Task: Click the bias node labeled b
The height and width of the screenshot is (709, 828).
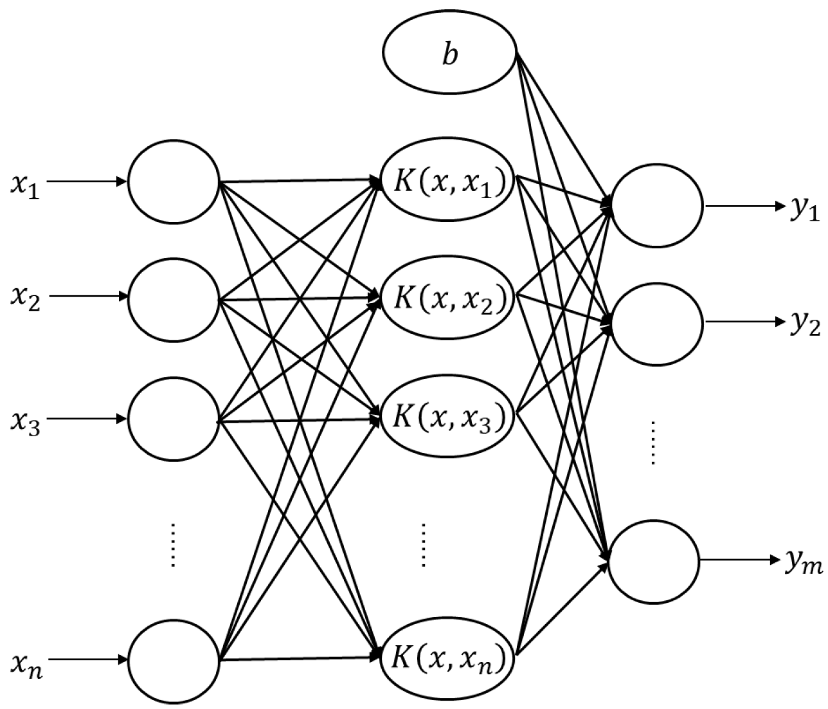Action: pos(449,55)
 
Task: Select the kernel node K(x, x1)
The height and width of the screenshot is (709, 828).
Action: pos(448,183)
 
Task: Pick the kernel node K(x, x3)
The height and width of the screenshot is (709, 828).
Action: pos(448,418)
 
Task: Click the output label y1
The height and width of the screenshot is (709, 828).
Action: pos(804,209)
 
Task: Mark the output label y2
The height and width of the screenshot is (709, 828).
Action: pos(804,324)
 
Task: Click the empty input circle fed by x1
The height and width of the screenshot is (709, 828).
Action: pos(174,182)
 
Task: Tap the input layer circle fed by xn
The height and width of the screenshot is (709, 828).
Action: pos(174,660)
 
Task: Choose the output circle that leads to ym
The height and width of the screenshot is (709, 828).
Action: pos(654,560)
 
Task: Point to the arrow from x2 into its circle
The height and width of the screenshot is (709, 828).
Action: pos(87,297)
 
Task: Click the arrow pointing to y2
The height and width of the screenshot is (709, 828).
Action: pos(746,322)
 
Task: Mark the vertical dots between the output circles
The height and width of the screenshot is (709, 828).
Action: pos(652,443)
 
